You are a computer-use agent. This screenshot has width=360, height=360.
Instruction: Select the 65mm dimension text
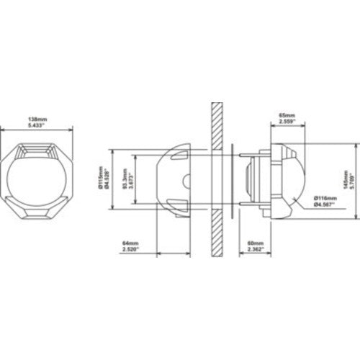(x=287, y=114)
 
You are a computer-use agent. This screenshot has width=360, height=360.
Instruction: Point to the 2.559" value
(x=287, y=121)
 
